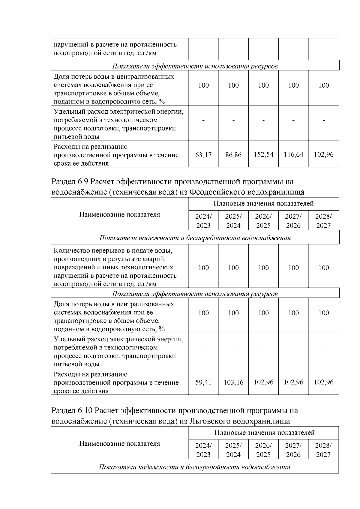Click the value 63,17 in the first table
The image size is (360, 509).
(x=203, y=155)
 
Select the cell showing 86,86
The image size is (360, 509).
(x=233, y=155)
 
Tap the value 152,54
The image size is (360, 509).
(x=263, y=154)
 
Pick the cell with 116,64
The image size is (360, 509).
(x=293, y=154)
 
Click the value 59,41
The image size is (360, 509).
(x=203, y=382)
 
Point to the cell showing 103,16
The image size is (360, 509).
(x=233, y=382)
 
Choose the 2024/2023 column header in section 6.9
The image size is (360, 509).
(x=203, y=221)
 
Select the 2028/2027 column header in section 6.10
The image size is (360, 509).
(x=323, y=450)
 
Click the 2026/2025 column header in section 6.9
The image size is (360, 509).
(x=263, y=221)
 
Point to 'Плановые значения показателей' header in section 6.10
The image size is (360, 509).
(x=264, y=433)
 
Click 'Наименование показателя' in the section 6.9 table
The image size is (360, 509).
(x=120, y=214)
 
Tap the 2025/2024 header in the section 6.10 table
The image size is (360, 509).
(x=233, y=450)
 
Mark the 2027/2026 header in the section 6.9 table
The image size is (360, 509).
(x=293, y=221)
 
